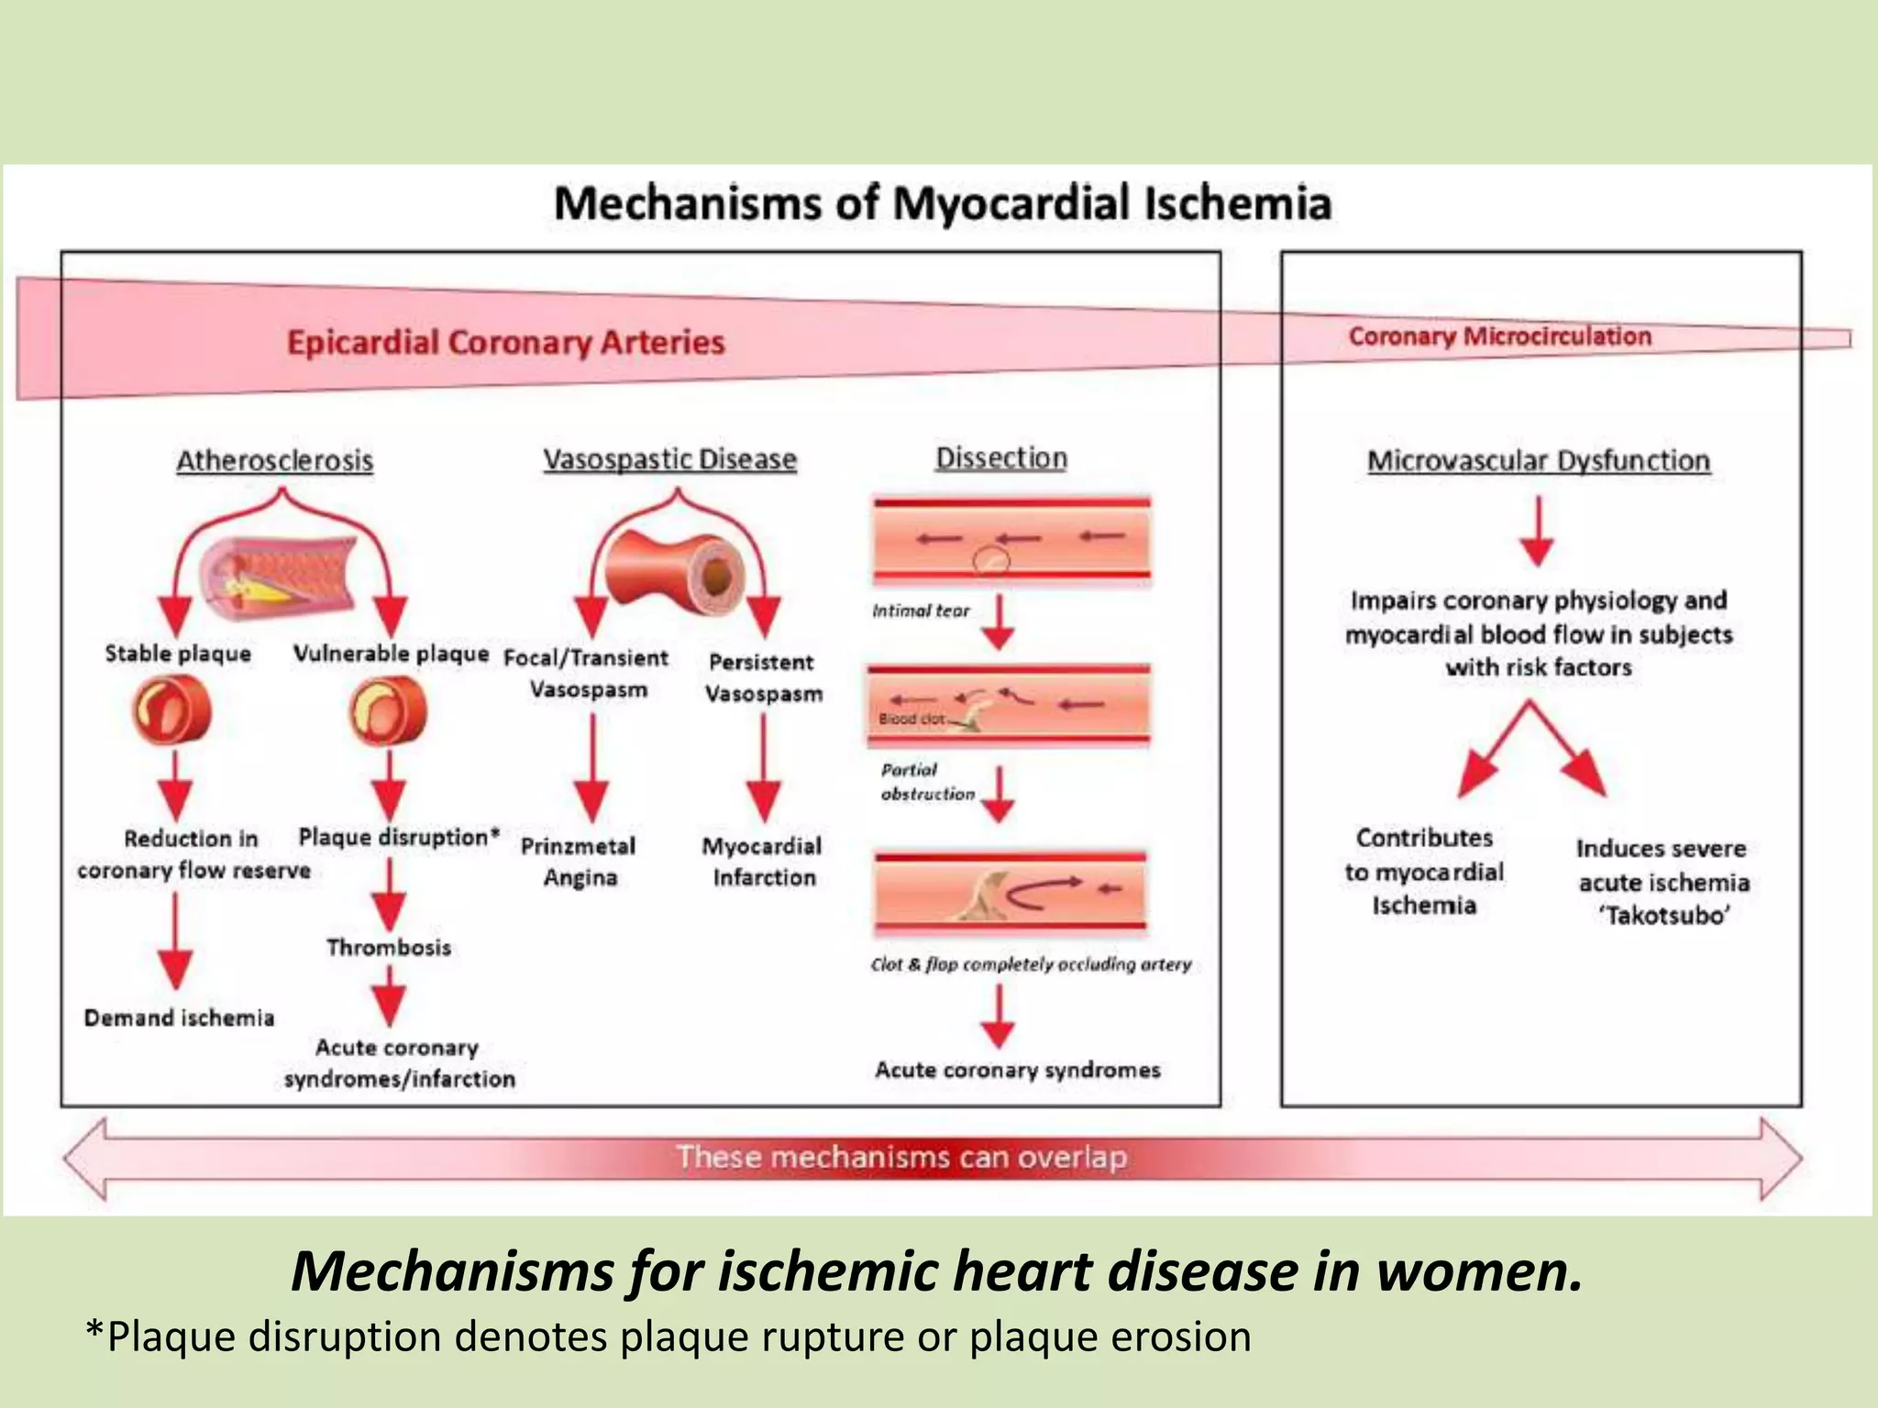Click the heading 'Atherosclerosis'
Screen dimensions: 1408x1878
[274, 460]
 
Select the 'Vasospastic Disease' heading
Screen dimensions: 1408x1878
[669, 459]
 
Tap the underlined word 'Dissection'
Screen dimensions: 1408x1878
[1001, 457]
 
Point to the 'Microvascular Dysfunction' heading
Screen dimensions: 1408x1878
[1539, 460]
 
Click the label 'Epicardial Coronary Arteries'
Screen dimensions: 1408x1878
[506, 342]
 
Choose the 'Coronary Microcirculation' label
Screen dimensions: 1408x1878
[1500, 336]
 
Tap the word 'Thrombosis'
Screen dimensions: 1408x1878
[389, 947]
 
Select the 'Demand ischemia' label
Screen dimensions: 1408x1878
[179, 1017]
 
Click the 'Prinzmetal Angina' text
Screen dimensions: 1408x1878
[579, 862]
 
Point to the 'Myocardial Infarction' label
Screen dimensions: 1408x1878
[762, 862]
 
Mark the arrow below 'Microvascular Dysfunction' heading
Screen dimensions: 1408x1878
[1538, 532]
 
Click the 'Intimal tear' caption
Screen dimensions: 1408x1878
[921, 610]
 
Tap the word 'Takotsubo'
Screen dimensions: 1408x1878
[1665, 916]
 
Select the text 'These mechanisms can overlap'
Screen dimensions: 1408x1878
[901, 1157]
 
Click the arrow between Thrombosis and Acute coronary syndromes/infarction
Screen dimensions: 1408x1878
[389, 995]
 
